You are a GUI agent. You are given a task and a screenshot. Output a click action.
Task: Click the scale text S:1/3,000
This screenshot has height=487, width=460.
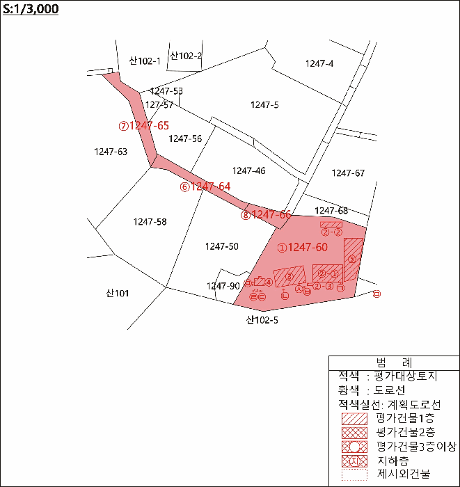pyautogui.click(x=31, y=9)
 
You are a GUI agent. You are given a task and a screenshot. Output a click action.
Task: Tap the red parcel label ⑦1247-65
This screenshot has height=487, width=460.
pyautogui.click(x=144, y=126)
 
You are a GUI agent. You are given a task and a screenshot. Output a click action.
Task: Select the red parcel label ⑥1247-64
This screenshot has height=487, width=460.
pyautogui.click(x=205, y=186)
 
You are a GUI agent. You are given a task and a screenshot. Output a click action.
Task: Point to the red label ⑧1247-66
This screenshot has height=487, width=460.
pyautogui.click(x=266, y=215)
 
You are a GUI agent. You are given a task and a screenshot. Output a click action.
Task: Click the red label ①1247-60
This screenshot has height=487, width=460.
pyautogui.click(x=302, y=247)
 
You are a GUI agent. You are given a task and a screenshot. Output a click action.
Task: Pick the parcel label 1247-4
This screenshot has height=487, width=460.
pyautogui.click(x=319, y=63)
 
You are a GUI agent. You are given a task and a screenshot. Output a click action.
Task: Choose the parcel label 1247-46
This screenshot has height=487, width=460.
pyautogui.click(x=249, y=170)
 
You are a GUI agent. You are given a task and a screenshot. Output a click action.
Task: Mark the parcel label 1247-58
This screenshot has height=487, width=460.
pyautogui.click(x=150, y=222)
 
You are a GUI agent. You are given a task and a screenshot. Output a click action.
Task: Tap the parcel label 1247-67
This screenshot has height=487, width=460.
pyautogui.click(x=348, y=173)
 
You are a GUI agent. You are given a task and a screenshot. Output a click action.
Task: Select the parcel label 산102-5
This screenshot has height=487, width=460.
pyautogui.click(x=262, y=321)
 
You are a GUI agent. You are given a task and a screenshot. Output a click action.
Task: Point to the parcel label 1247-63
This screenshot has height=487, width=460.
pyautogui.click(x=111, y=151)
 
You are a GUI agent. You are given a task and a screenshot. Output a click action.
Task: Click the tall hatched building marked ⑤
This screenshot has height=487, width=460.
pyautogui.click(x=353, y=259)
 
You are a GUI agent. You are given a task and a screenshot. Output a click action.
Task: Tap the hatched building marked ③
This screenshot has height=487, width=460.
pyautogui.click(x=289, y=276)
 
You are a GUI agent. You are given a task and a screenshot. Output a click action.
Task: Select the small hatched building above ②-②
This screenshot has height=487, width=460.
pyautogui.click(x=331, y=224)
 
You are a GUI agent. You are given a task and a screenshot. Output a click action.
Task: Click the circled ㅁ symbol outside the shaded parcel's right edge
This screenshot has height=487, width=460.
pyautogui.click(x=377, y=294)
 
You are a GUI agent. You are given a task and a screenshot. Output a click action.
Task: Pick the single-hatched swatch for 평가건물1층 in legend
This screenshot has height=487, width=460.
pyautogui.click(x=354, y=419)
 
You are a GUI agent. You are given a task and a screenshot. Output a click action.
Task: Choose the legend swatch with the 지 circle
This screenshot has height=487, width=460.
pyautogui.click(x=354, y=461)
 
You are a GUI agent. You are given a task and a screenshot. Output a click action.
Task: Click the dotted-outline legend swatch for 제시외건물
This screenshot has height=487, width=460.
pyautogui.click(x=354, y=475)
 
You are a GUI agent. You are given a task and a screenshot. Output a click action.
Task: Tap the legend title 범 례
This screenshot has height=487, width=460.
pyautogui.click(x=393, y=362)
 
